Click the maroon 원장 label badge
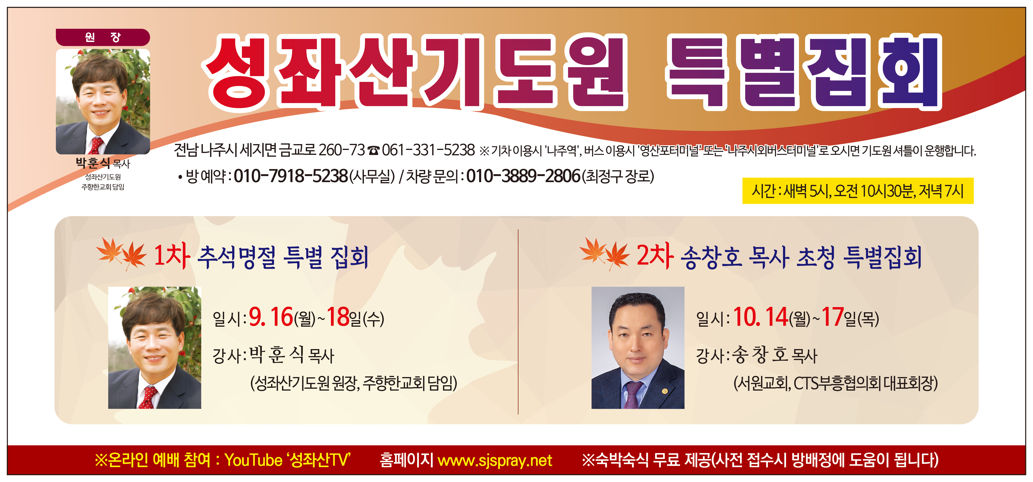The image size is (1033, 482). pos(103,37)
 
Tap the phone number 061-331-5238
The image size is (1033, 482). pos(428,150)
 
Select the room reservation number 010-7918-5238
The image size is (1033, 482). pos(291,176)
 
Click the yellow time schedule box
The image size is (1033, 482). pos(858,191)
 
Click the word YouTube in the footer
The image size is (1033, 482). pos(254,460)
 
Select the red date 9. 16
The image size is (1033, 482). pos(271,317)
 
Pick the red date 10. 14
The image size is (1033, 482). pos(760,317)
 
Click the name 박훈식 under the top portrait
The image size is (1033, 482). pos(93,163)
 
